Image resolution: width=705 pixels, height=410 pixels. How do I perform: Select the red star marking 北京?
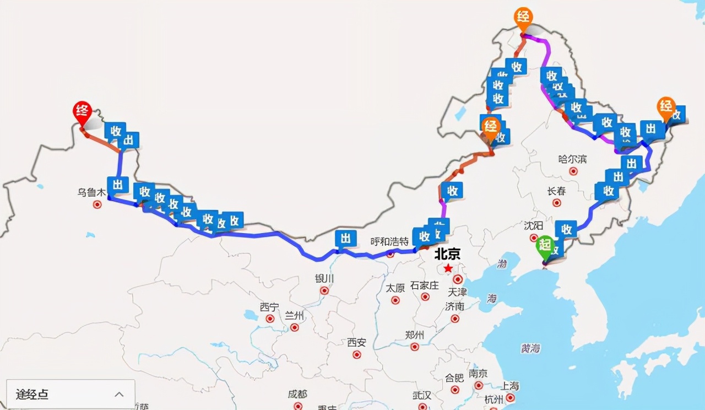[448, 268]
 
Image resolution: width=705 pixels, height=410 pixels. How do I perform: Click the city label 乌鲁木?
[91, 193]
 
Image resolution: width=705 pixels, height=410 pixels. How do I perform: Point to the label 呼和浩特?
[389, 241]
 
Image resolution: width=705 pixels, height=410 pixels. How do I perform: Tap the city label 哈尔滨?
[572, 159]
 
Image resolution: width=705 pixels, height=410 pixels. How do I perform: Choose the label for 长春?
[556, 191]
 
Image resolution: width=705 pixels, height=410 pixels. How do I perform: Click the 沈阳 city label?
[533, 225]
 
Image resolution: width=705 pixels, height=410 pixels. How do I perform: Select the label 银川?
[324, 278]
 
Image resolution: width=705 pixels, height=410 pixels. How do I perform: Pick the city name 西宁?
[269, 307]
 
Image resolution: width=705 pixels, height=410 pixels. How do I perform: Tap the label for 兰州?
[294, 315]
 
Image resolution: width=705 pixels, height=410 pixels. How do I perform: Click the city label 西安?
[356, 342]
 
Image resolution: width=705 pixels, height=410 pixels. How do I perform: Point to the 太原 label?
[395, 288]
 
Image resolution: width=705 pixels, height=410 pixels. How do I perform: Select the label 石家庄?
[425, 285]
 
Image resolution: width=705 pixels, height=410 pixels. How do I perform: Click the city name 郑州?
[414, 335]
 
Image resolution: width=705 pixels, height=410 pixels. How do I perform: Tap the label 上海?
[510, 386]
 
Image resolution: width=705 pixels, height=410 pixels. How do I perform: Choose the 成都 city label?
[297, 394]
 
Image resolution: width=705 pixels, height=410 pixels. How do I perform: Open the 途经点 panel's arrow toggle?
[119, 394]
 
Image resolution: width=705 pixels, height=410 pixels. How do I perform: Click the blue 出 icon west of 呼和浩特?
[346, 239]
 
